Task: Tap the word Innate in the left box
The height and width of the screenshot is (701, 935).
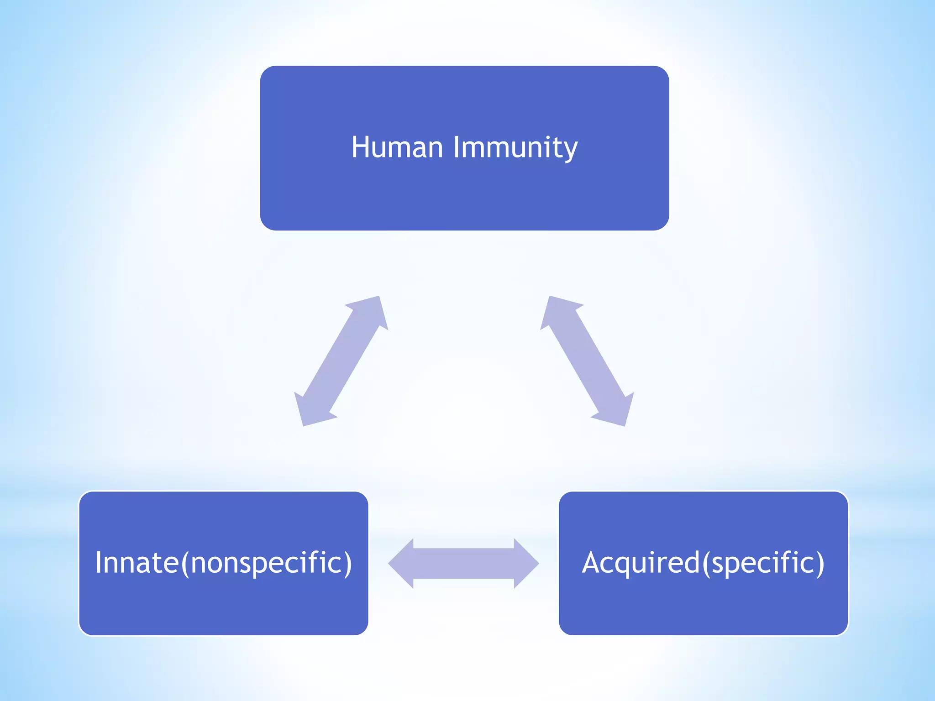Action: pos(137,562)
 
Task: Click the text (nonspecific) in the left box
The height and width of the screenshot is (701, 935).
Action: pos(267,563)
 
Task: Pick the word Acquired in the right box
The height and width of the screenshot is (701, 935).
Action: pos(641,562)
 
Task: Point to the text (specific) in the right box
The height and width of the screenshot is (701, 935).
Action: pos(763,563)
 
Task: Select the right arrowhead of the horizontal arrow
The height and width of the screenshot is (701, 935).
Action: pos(525,564)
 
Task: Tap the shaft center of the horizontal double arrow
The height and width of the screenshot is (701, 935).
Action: pos(463,564)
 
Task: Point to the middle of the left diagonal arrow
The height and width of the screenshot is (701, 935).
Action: pos(341,361)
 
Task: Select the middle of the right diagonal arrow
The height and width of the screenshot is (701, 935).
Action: pos(587,361)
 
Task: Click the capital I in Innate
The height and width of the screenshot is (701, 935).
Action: pos(99,562)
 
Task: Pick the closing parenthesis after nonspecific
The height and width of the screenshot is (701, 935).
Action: pos(348,563)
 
